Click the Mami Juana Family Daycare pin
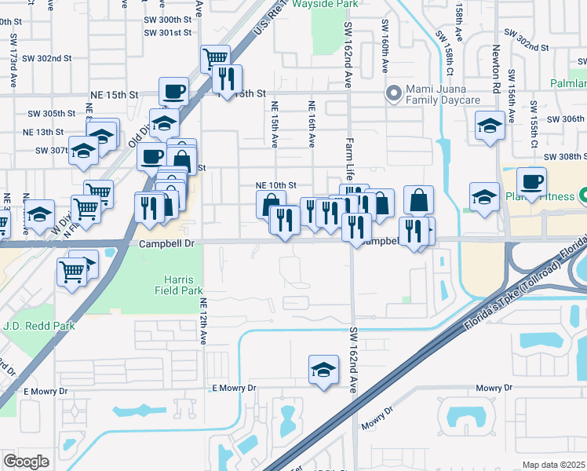click(393, 94)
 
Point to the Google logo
click(26, 462)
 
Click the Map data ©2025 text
click(553, 465)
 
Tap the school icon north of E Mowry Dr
click(323, 371)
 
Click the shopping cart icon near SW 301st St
click(214, 57)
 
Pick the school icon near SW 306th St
click(489, 125)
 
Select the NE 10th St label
click(276, 185)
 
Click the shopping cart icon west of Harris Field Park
click(71, 272)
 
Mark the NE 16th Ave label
click(312, 124)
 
